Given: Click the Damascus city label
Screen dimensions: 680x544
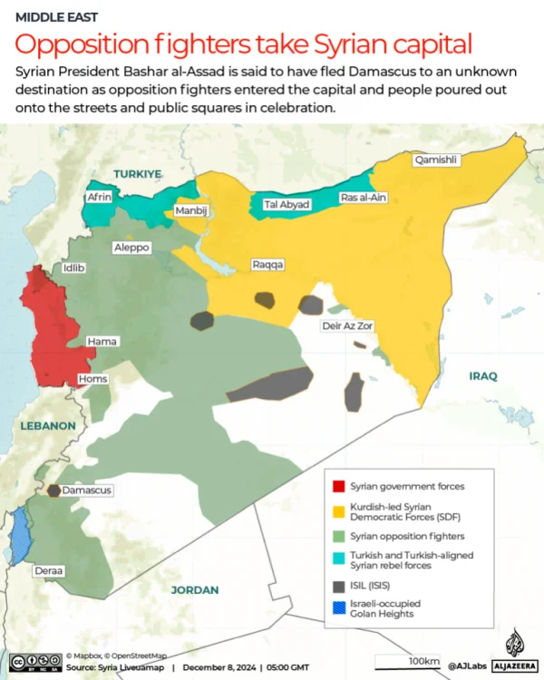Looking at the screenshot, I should (x=87, y=490).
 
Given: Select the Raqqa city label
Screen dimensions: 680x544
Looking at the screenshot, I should (x=267, y=265).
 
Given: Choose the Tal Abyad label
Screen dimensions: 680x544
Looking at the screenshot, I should (x=287, y=205).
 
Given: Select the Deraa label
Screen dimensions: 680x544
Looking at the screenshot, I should (x=48, y=571).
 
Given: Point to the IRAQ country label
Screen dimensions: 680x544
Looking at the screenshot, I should (x=482, y=375).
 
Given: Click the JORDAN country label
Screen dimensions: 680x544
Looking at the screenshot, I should (x=194, y=589).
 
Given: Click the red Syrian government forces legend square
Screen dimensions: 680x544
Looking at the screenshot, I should (x=338, y=485).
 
